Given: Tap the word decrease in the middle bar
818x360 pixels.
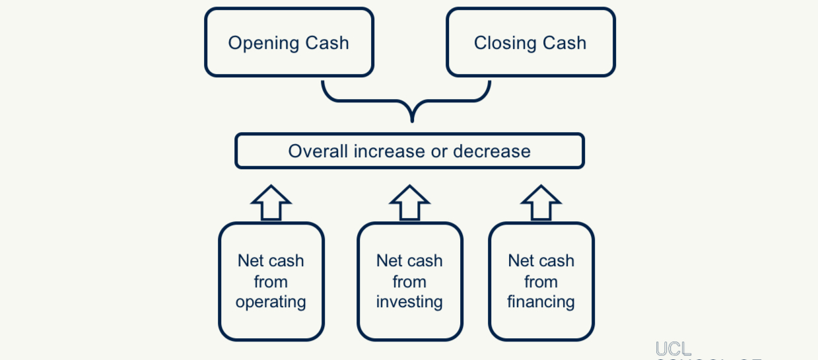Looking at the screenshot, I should pyautogui.click(x=492, y=151).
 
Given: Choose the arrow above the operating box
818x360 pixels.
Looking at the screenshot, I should pyautogui.click(x=271, y=202).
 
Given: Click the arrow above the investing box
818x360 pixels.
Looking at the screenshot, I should pyautogui.click(x=409, y=202).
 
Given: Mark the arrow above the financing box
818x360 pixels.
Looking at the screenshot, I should pyautogui.click(x=541, y=202).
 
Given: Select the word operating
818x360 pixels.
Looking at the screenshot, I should pyautogui.click(x=271, y=303).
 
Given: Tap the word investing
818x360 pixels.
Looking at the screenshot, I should pyautogui.click(x=409, y=303).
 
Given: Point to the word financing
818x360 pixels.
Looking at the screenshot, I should pyautogui.click(x=541, y=303).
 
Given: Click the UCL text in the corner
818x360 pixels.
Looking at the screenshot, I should pyautogui.click(x=673, y=349).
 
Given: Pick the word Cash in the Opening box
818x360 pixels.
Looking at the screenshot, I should pyautogui.click(x=327, y=44).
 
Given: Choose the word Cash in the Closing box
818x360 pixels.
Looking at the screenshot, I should pyautogui.click(x=564, y=44).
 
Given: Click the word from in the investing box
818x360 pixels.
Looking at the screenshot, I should pyautogui.click(x=409, y=282).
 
